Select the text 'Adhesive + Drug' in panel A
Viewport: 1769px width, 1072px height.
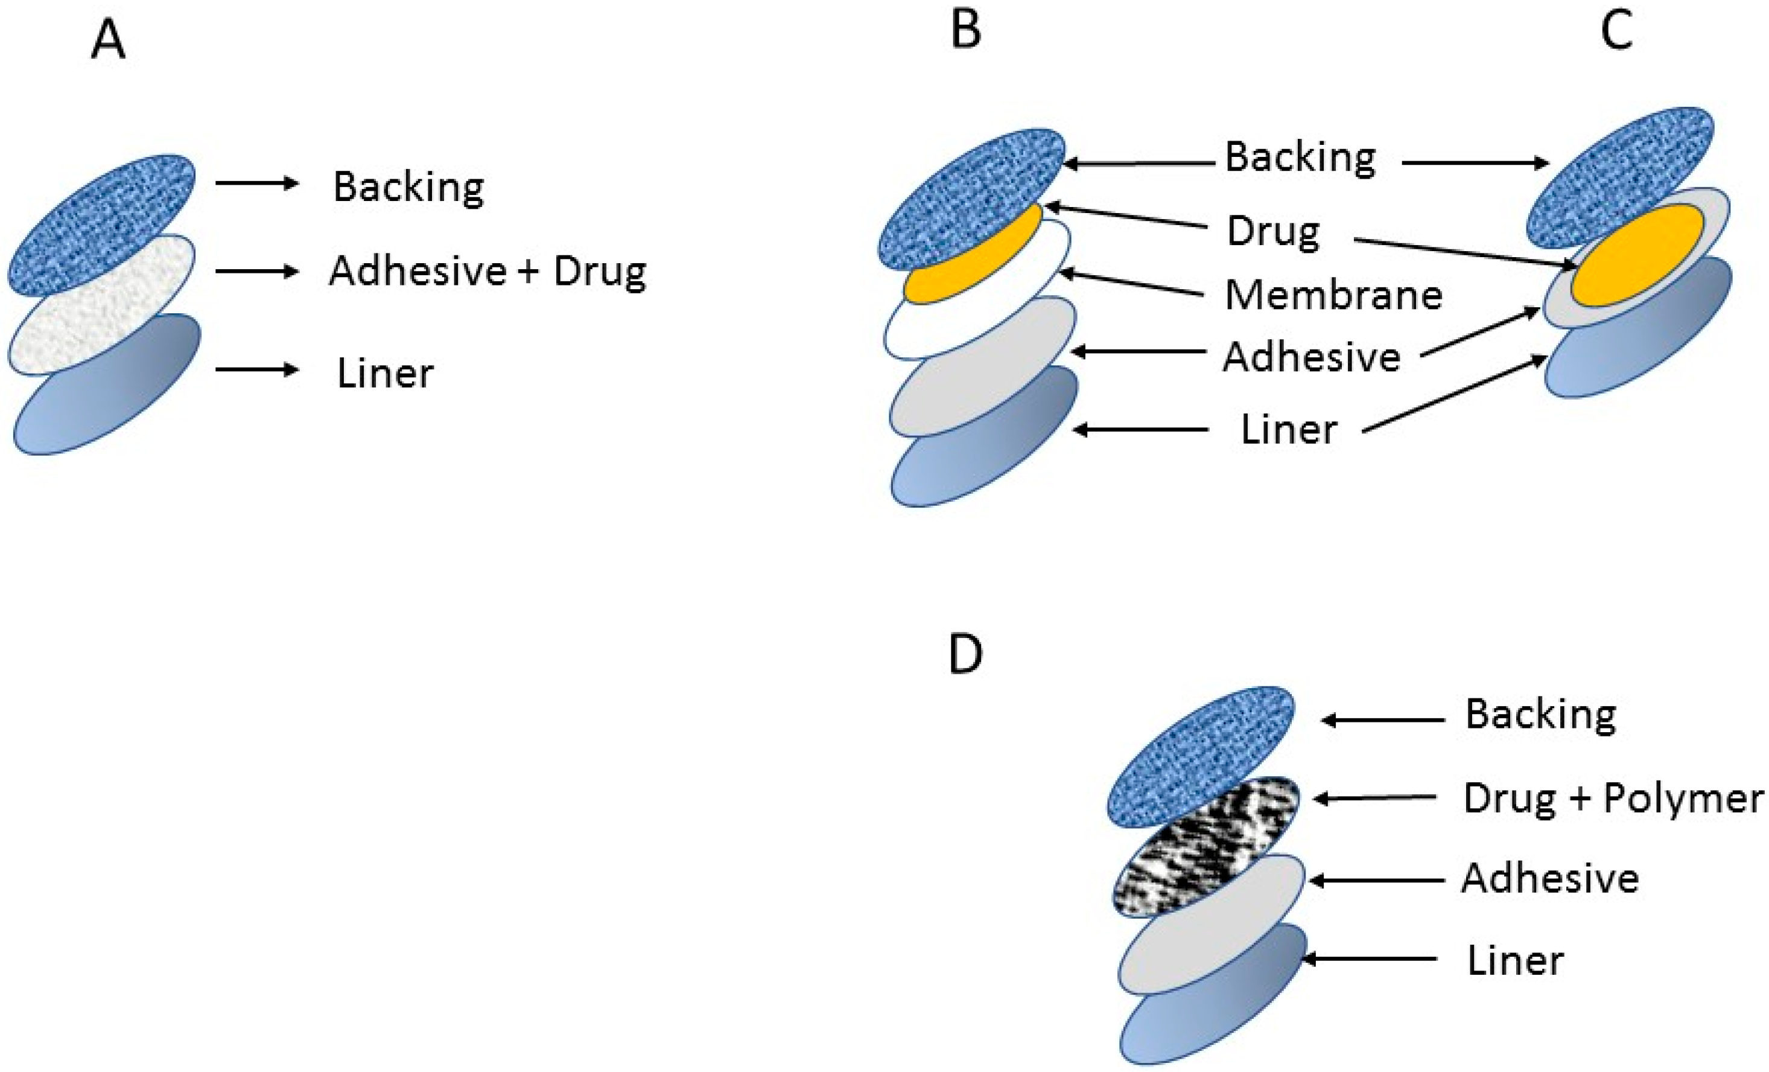(x=488, y=272)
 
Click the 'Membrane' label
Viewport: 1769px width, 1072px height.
(x=1333, y=295)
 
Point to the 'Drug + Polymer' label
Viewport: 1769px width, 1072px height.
(x=1613, y=799)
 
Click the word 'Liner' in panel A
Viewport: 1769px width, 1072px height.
(x=386, y=374)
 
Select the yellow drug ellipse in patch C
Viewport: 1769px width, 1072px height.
(x=1637, y=255)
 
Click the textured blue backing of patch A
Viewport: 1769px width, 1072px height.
(x=101, y=223)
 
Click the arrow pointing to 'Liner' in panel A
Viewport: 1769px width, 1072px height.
(x=256, y=370)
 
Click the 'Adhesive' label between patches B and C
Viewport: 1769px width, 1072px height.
(x=1311, y=357)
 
